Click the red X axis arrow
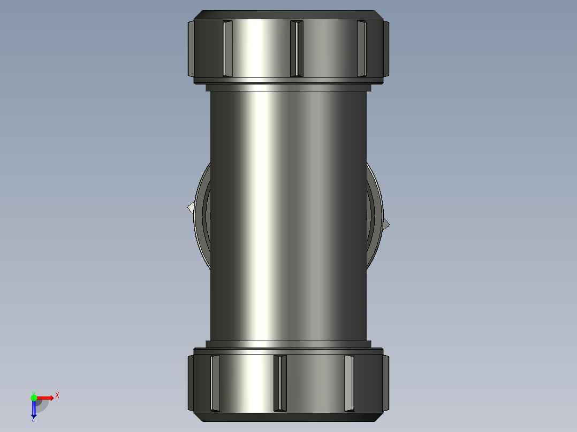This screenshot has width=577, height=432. point(46,398)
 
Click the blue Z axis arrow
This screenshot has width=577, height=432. point(34,410)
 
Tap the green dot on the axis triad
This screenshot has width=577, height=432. point(34,397)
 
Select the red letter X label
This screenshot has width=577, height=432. point(57,396)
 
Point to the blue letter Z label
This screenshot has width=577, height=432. point(33,420)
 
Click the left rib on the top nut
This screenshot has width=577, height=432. point(227,49)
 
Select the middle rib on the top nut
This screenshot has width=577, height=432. point(296,49)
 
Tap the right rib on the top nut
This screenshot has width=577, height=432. point(362,49)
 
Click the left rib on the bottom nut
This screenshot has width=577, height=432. point(215,383)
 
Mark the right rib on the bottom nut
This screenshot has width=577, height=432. point(349,383)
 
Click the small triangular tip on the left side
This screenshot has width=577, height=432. point(191,207)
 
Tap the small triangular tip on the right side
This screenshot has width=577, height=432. point(386,224)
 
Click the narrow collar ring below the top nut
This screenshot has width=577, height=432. point(288,87)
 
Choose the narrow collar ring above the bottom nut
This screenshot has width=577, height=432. point(288,344)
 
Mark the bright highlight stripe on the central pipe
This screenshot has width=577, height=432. point(257,214)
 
